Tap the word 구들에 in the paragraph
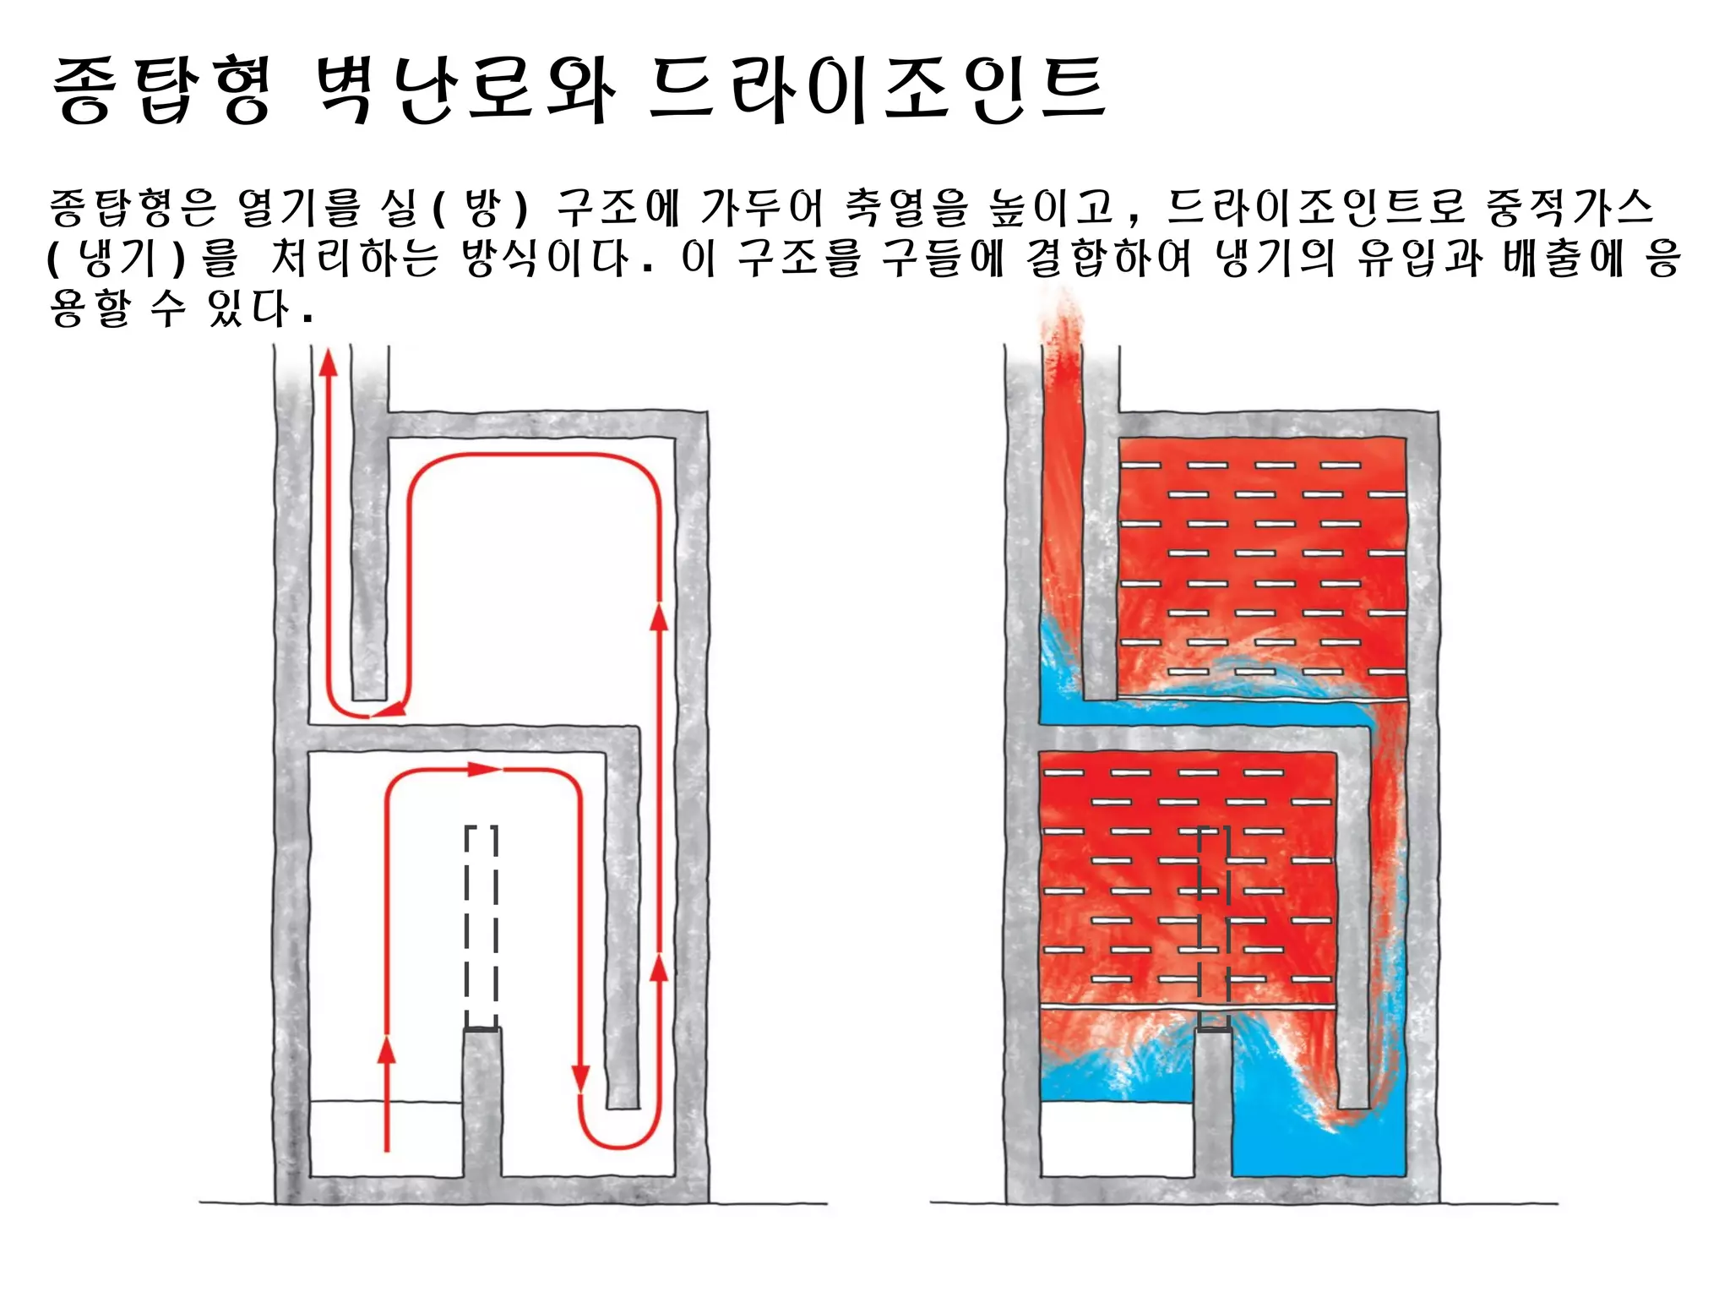point(942,259)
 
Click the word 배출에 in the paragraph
point(1564,259)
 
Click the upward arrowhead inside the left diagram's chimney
point(328,363)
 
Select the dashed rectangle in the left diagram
point(481,926)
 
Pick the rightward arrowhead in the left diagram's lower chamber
point(484,769)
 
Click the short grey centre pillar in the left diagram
point(481,1102)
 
